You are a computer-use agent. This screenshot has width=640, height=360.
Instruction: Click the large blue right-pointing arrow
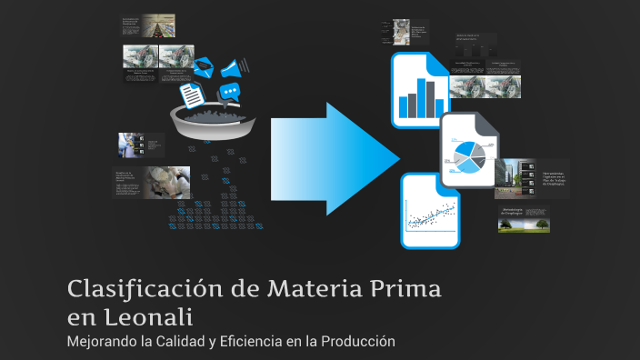(336, 160)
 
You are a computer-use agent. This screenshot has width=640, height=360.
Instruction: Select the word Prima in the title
(405, 290)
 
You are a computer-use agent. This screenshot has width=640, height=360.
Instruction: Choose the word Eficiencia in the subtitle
(259, 342)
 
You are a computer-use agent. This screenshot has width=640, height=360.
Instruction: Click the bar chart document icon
(419, 90)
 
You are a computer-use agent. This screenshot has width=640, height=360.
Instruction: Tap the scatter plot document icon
(430, 211)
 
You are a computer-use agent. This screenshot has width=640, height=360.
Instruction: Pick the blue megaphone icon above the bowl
(231, 66)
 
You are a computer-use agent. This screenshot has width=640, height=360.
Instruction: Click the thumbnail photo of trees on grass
(524, 219)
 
